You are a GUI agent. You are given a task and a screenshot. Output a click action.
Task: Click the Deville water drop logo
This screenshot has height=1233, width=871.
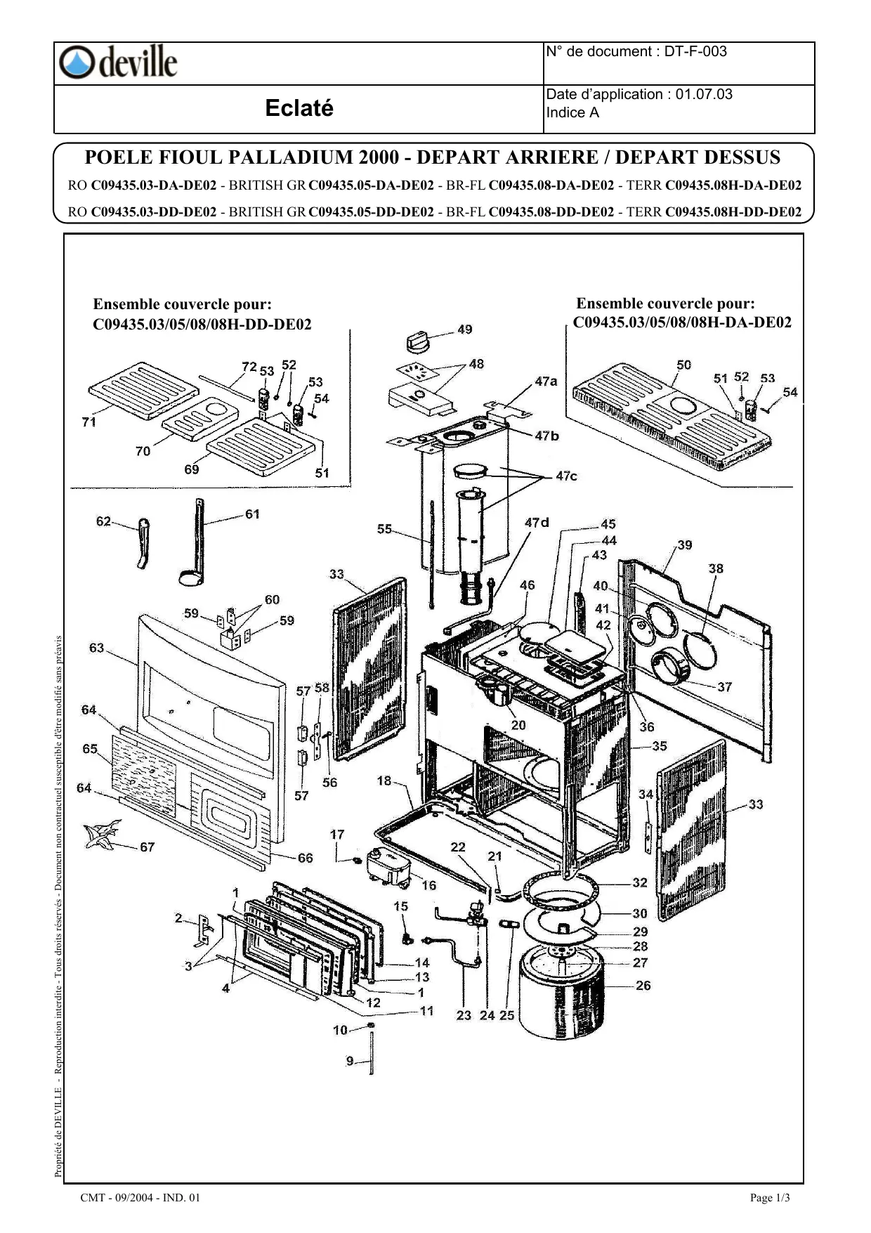[75, 63]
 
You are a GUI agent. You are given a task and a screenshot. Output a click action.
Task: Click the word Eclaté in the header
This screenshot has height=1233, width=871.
[299, 108]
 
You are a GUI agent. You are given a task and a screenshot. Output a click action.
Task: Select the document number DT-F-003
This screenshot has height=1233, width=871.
[695, 51]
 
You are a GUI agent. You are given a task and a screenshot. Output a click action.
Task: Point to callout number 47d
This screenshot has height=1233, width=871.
[537, 522]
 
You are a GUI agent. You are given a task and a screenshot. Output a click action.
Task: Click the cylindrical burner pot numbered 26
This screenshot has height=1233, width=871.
[561, 991]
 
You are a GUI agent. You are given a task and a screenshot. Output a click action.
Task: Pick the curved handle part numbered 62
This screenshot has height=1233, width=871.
[143, 542]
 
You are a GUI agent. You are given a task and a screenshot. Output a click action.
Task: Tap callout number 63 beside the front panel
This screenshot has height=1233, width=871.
[96, 648]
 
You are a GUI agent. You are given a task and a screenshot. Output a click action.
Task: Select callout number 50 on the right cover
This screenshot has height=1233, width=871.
[683, 365]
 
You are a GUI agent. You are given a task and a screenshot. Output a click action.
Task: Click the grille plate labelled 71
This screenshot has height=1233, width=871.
[144, 391]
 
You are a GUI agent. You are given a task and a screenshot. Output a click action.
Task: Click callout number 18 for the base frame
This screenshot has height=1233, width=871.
[384, 781]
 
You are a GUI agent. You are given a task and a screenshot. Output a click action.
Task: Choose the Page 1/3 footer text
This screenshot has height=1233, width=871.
[770, 1198]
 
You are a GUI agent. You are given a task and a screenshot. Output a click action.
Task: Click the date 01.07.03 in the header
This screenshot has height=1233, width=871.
[704, 94]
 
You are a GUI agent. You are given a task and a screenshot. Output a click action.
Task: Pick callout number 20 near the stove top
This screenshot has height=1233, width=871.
[518, 725]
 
